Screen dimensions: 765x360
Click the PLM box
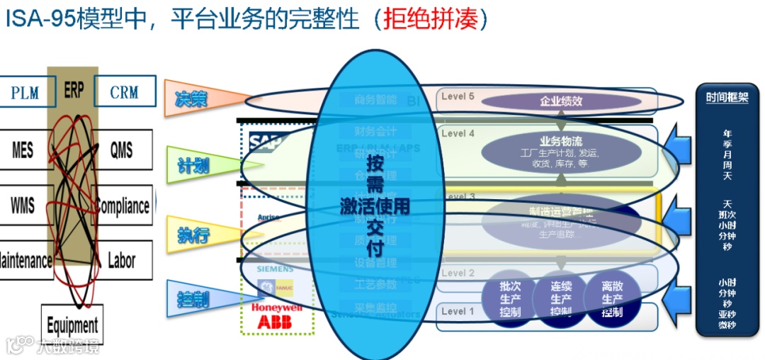pos(25,93)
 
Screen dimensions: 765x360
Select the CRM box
pos(124,92)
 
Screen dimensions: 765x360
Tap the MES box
pos(23,150)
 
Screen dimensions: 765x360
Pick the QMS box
pos(121,150)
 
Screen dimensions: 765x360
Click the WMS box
pos(23,205)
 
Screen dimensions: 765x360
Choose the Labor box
pos(121,260)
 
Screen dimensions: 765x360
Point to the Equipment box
pos(72,325)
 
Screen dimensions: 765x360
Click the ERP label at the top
pos(74,91)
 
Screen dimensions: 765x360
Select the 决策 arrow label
pos(191,99)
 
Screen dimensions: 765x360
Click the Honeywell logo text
pos(276,308)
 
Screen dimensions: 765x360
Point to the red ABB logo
pos(270,322)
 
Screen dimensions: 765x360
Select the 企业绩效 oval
pos(551,101)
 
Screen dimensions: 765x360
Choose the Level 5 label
pos(458,96)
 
